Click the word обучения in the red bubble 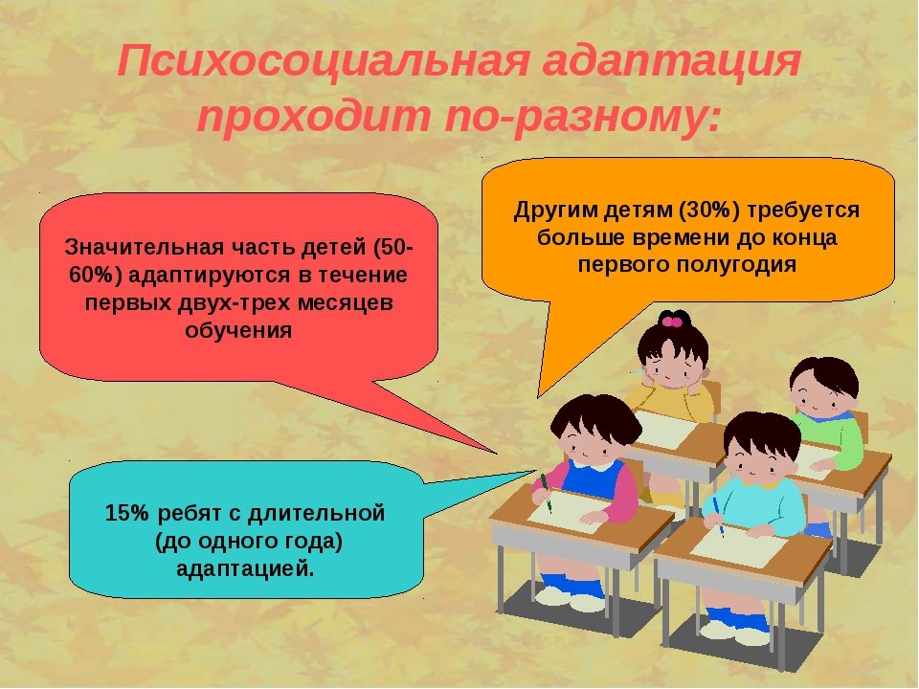pos(238,330)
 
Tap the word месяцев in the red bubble pos(346,304)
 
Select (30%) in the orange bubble pos(709,210)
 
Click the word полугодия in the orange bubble pos(737,265)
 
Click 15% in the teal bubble pos(127,513)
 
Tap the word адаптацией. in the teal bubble pos(246,568)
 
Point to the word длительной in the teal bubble pos(317,514)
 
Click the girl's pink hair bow pos(673,320)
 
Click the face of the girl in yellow pos(674,367)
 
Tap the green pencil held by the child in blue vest pos(547,493)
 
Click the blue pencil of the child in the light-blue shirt pos(719,518)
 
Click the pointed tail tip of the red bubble pos(497,453)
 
